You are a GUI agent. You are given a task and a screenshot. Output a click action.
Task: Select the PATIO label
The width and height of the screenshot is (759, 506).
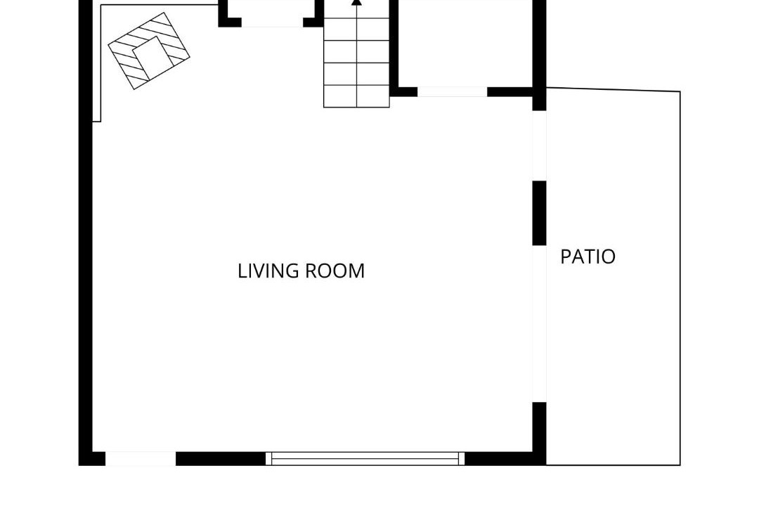point(588,257)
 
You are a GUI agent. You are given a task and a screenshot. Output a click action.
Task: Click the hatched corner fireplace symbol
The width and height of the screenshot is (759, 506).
point(148,51)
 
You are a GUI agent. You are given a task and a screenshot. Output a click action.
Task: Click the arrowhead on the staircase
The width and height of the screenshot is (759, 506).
point(357,2)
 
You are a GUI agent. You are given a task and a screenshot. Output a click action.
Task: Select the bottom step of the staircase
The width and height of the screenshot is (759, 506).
point(357,96)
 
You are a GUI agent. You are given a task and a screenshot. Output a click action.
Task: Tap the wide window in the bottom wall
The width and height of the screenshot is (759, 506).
point(365,458)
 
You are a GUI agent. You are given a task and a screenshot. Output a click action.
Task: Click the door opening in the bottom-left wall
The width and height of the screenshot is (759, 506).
point(141,458)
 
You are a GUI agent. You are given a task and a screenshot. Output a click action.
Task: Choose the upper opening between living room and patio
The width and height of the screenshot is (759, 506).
point(540,145)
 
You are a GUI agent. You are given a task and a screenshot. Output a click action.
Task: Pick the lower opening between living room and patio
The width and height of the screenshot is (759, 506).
point(540,324)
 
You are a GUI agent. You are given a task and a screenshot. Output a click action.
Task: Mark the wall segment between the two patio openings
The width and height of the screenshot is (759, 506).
point(540,213)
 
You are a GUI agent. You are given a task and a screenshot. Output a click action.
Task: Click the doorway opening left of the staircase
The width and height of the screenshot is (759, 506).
point(273,22)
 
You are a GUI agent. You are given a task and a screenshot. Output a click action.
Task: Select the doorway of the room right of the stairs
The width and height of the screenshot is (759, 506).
point(452,91)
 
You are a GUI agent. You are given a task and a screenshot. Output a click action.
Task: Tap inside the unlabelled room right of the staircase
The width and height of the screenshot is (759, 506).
point(466,44)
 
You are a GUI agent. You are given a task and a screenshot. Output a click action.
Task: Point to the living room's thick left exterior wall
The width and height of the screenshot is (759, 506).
point(86,233)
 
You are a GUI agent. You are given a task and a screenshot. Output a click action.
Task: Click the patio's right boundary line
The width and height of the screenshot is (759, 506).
point(680,278)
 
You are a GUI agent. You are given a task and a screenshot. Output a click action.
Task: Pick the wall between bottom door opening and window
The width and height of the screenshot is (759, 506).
point(221,458)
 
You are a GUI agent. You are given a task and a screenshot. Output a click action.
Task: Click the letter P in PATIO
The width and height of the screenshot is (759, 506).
point(565,257)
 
